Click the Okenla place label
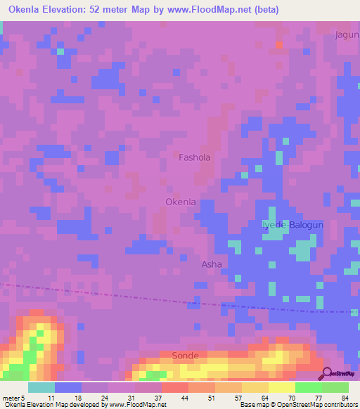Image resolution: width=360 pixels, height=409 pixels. coord(180,202)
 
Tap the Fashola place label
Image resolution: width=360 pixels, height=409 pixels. coord(195,158)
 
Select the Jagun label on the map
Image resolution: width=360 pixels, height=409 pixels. coord(347,34)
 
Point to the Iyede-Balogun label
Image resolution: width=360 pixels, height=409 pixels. coord(292,225)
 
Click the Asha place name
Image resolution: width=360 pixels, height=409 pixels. coord(212,265)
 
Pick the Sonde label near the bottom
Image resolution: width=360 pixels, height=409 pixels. coord(186,356)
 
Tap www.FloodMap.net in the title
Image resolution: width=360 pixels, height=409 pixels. coord(219,10)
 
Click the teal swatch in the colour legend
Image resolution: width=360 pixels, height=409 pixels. coord(41,387)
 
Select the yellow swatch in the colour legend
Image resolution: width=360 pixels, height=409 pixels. coord(281,387)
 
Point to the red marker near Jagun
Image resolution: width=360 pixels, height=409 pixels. coord(278,45)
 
